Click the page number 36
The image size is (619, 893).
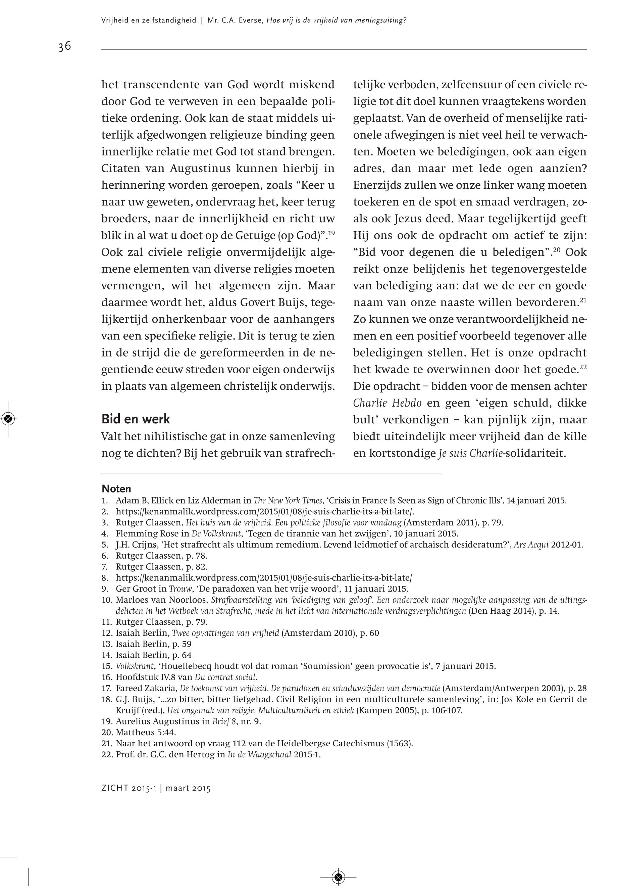click(64, 47)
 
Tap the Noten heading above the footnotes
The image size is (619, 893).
click(116, 488)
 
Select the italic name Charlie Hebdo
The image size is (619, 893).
click(387, 403)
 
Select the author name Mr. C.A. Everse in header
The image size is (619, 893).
click(234, 20)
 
